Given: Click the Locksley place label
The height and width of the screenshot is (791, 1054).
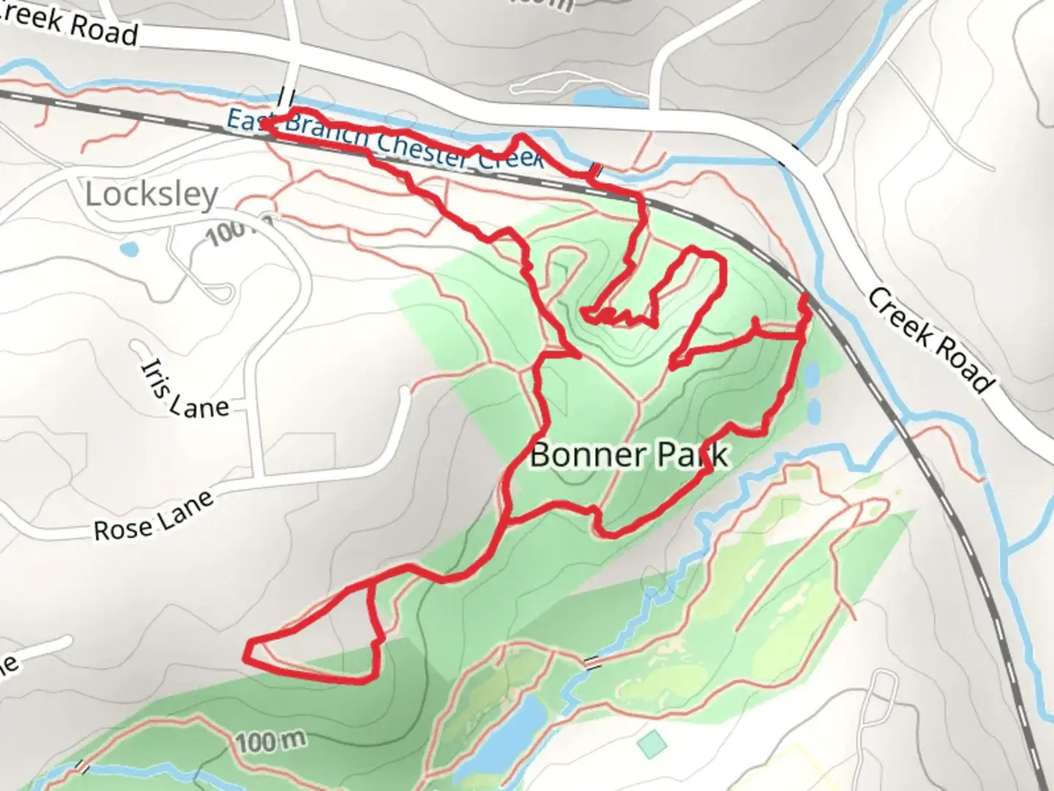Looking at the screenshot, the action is [x=152, y=195].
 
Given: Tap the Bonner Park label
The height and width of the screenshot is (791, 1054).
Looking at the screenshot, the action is [x=629, y=455].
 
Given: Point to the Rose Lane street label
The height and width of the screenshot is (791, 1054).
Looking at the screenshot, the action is [x=154, y=516].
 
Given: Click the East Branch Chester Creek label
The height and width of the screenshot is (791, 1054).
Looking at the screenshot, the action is [x=385, y=138].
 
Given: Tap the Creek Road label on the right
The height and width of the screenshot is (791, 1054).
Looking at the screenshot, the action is [x=932, y=339].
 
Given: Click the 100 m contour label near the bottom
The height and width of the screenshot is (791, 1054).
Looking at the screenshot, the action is [x=271, y=742].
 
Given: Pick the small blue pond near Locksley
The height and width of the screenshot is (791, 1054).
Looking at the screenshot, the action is [x=130, y=250].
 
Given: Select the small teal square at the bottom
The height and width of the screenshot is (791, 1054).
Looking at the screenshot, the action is [x=652, y=744].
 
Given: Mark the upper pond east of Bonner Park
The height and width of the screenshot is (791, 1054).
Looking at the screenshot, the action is [x=812, y=376].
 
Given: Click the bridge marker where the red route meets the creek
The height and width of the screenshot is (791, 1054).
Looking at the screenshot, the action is [x=596, y=171].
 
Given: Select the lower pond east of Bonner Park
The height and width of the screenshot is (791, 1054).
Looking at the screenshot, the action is [x=813, y=411].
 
